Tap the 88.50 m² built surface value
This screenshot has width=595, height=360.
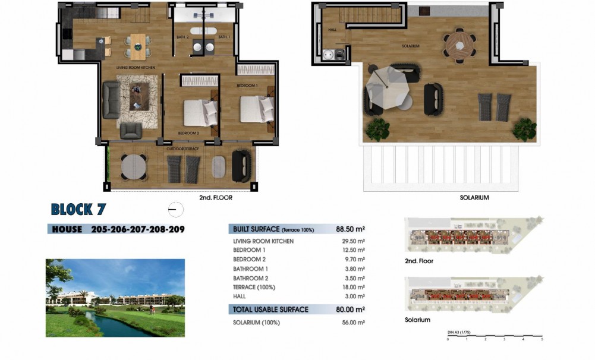(x=350, y=229)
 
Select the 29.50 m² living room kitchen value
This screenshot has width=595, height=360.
(x=354, y=241)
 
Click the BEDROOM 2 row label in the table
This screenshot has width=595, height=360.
(x=249, y=260)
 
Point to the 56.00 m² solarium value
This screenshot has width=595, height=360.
(x=354, y=323)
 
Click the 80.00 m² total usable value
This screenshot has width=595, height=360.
(x=350, y=310)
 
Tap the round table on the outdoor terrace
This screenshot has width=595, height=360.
(x=133, y=167)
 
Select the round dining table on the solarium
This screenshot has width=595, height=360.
(x=459, y=45)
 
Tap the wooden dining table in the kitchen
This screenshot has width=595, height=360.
(x=138, y=46)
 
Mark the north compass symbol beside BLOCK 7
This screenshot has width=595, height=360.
(x=176, y=210)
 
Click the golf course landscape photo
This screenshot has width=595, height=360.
(x=115, y=298)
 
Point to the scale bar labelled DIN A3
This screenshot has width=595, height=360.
(x=494, y=336)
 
